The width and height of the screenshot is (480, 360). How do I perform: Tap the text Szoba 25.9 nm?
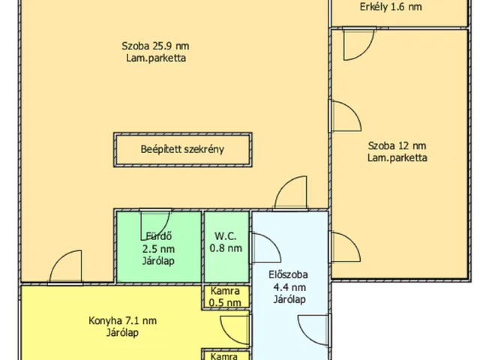point(154,45)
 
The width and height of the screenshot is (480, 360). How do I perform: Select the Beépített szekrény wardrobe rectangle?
point(182,149)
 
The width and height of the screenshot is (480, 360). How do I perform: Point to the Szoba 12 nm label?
point(397,145)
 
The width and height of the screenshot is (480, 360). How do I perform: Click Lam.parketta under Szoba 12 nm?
point(397,158)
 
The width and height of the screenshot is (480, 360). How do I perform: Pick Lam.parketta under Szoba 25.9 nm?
point(156,58)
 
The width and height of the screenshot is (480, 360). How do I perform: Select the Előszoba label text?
point(288,274)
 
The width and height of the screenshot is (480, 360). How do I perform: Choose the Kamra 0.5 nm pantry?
point(225,296)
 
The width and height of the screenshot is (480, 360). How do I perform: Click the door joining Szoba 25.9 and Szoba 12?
point(343,115)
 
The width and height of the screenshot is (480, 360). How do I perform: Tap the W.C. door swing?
point(263,248)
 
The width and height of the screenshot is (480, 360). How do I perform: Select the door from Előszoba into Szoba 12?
point(341,247)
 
